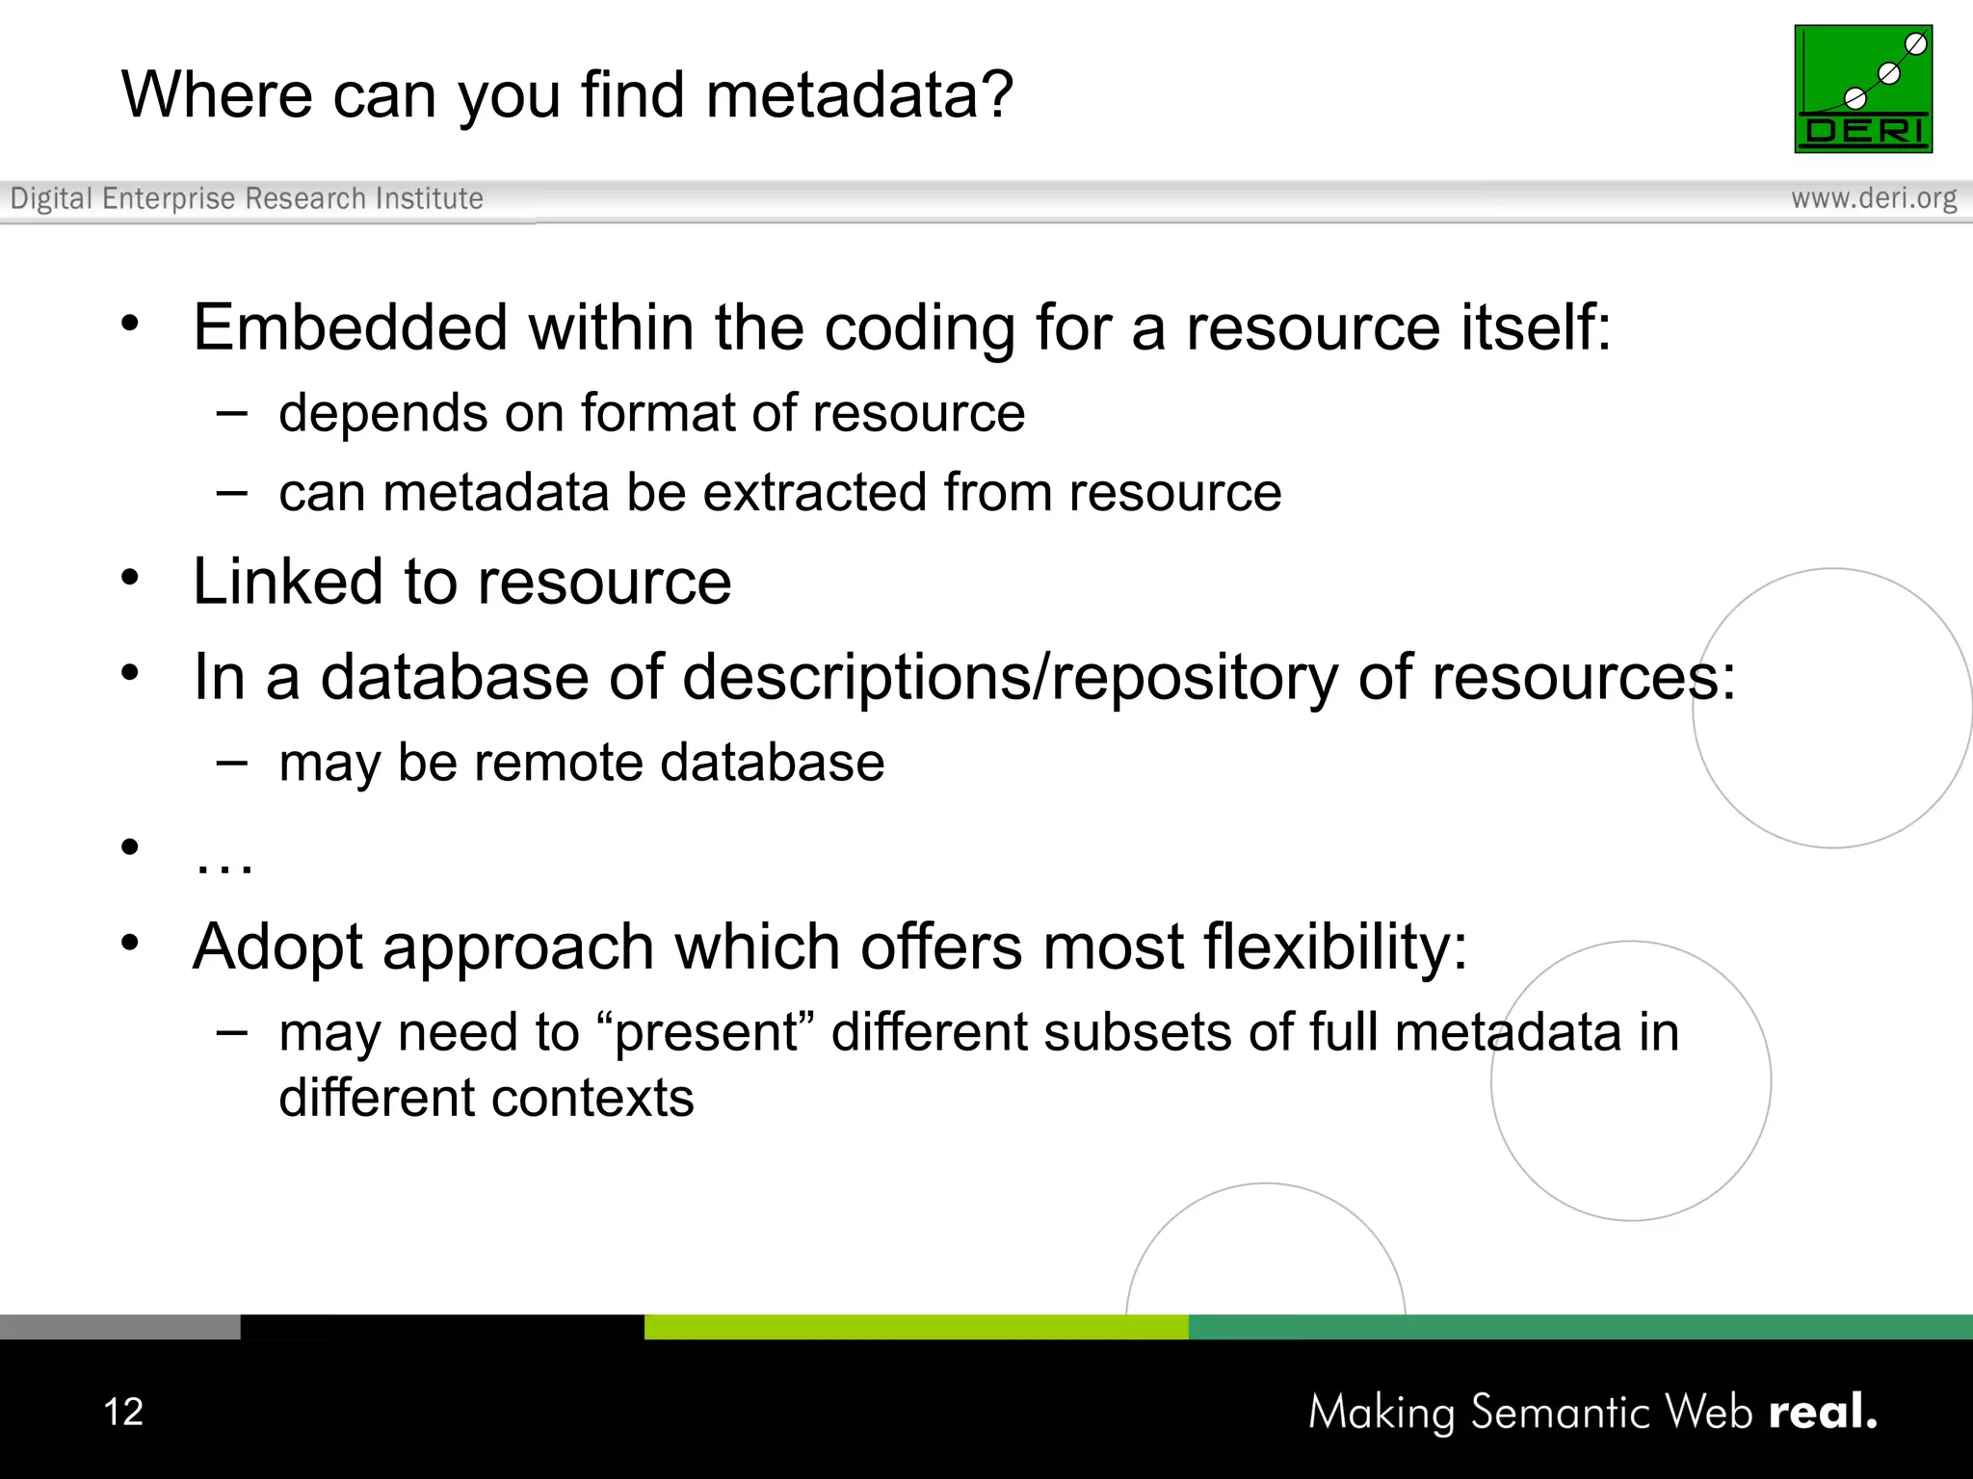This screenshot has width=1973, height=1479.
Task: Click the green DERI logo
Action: pos(1862,89)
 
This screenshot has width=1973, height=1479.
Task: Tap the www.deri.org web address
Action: pos(1873,198)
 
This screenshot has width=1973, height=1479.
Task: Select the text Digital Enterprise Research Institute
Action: pos(247,198)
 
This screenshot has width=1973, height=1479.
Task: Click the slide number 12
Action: pos(123,1412)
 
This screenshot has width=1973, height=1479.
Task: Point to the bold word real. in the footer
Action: pos(1823,1412)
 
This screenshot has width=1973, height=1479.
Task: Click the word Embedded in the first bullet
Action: pos(350,327)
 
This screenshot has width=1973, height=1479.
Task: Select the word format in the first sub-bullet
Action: pos(657,413)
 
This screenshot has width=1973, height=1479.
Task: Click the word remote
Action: pos(559,763)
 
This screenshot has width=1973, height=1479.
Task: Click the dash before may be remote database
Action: pos(231,763)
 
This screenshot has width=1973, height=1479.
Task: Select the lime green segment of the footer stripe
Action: pos(915,1327)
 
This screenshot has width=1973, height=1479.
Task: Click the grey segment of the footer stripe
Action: pos(119,1327)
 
